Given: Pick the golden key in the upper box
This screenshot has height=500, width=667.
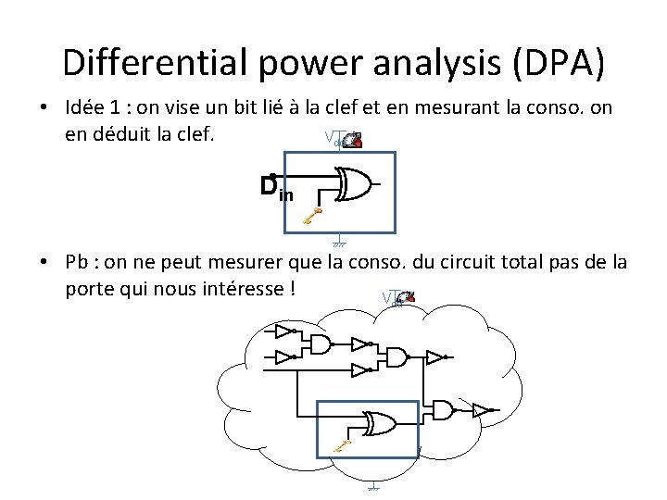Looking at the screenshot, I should coord(312,218).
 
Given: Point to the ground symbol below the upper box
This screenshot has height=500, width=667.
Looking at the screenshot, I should coord(339,243).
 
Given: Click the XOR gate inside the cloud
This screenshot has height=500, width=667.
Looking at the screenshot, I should coord(378,424).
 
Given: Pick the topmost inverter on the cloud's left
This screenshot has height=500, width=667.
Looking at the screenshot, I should coord(283,331).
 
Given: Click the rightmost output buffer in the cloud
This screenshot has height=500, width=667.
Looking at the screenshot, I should coord(482,410).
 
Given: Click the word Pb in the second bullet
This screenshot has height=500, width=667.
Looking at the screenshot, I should coord(78,262).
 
